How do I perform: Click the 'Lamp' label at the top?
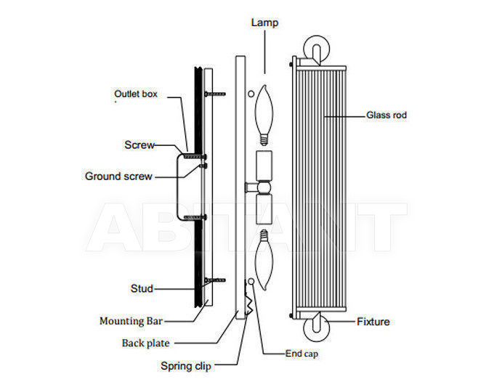(264, 23)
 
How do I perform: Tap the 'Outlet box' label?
(136, 94)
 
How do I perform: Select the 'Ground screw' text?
(118, 176)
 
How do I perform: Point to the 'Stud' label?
(142, 288)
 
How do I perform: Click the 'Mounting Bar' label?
(131, 321)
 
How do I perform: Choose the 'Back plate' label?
(146, 343)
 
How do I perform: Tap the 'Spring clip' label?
(186, 366)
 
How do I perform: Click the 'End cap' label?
(301, 354)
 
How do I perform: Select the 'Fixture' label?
(373, 322)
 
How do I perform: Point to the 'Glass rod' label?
(386, 115)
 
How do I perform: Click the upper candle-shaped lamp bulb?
(264, 115)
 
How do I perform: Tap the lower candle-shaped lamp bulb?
(264, 260)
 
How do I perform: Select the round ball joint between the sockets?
(264, 188)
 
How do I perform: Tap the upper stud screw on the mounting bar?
(215, 94)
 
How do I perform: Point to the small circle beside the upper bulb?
(251, 94)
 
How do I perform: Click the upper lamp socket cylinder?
(264, 166)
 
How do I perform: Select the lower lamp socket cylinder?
(264, 209)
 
